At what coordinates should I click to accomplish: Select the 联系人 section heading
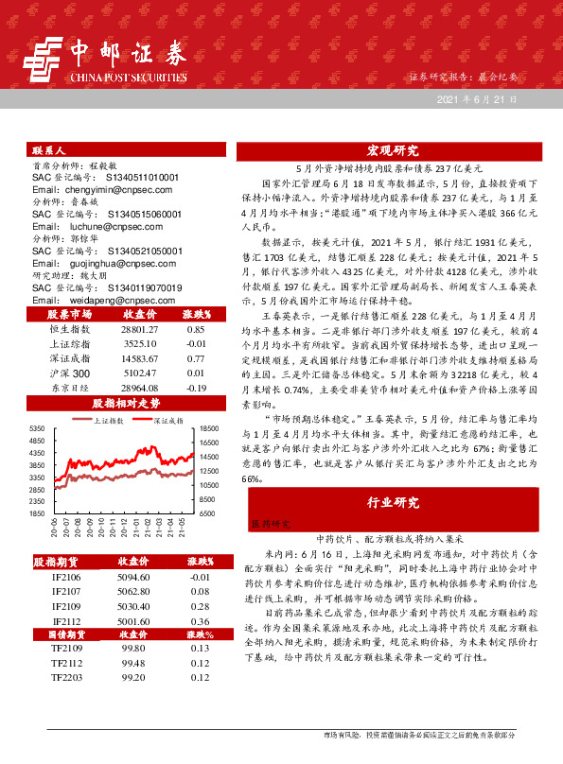point(48,149)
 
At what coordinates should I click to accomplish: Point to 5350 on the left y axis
point(38,429)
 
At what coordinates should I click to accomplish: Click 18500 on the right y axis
point(209,429)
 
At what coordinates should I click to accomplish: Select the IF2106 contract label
point(66,576)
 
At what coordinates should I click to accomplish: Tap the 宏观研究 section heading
point(393,151)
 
